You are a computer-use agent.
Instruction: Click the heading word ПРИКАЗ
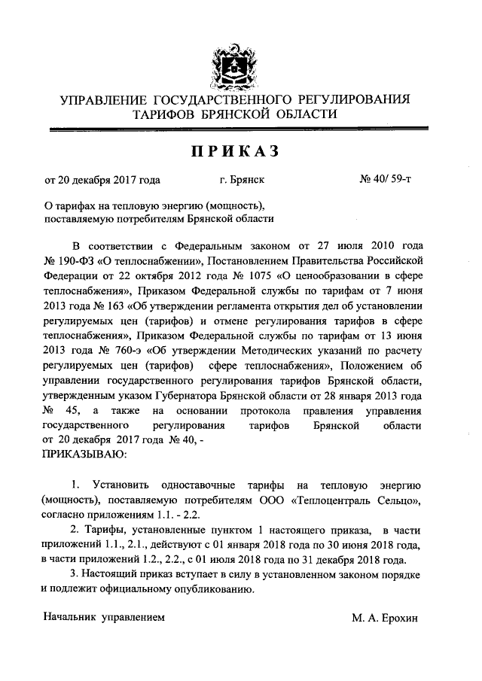236,153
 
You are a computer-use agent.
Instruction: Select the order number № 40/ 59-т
386,181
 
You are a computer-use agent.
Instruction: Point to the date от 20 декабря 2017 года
103,181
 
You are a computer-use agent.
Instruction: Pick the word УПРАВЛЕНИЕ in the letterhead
105,99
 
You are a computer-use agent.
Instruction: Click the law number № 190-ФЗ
68,260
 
